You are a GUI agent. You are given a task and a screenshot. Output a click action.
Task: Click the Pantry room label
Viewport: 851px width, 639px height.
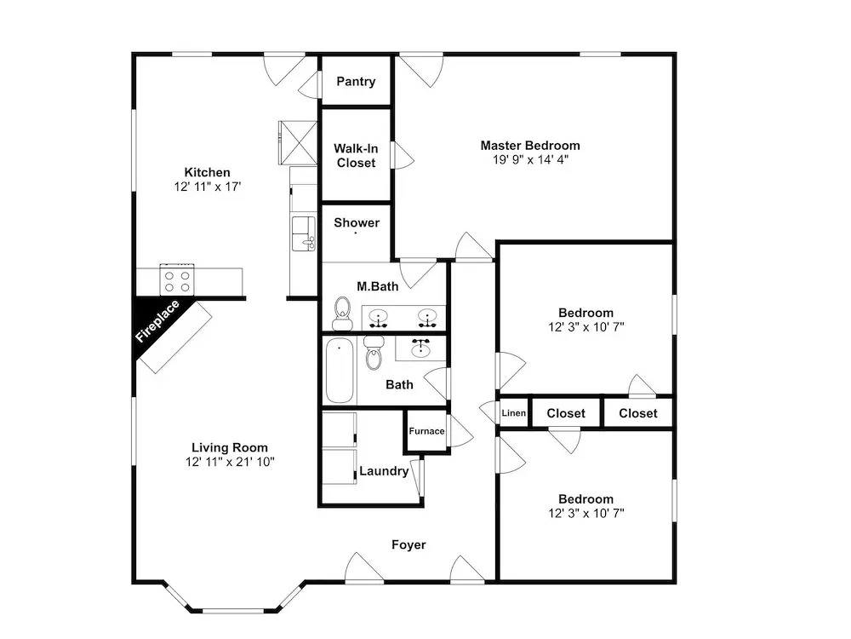pos(356,82)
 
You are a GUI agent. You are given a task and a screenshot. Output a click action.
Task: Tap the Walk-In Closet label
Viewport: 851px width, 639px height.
pos(356,155)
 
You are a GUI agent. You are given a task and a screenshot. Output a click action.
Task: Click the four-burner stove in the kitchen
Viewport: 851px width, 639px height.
pos(177,280)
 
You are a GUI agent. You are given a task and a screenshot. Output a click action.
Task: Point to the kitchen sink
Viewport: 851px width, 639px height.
pos(304,233)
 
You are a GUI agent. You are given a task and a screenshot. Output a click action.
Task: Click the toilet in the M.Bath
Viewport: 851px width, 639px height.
pos(342,314)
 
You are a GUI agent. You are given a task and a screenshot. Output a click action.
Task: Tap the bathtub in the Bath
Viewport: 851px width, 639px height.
pos(340,371)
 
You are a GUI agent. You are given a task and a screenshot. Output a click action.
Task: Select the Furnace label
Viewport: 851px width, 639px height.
pos(426,431)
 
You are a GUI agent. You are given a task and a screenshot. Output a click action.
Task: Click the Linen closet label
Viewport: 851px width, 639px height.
pos(513,413)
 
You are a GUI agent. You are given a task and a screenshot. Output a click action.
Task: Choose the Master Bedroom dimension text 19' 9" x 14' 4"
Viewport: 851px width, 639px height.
pos(530,160)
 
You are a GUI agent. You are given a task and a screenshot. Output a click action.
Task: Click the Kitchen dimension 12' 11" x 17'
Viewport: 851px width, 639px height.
pos(208,187)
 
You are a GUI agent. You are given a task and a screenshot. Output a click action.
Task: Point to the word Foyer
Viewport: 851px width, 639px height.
pos(408,544)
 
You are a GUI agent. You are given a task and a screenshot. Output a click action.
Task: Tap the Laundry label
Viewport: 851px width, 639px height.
pos(384,471)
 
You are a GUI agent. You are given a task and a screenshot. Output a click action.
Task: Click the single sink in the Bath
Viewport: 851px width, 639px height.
pos(420,348)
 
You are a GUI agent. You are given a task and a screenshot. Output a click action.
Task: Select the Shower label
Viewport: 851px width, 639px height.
pos(357,222)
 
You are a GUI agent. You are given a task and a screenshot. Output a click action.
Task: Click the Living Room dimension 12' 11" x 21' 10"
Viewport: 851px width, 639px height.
pos(230,462)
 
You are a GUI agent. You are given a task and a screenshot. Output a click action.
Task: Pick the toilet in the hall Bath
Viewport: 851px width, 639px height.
pos(374,352)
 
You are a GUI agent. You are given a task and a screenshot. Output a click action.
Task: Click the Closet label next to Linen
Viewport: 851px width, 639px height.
pos(566,413)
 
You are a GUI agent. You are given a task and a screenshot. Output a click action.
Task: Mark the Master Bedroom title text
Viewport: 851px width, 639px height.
pos(530,146)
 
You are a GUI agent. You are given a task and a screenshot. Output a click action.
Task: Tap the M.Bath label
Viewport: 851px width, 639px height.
pos(378,286)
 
